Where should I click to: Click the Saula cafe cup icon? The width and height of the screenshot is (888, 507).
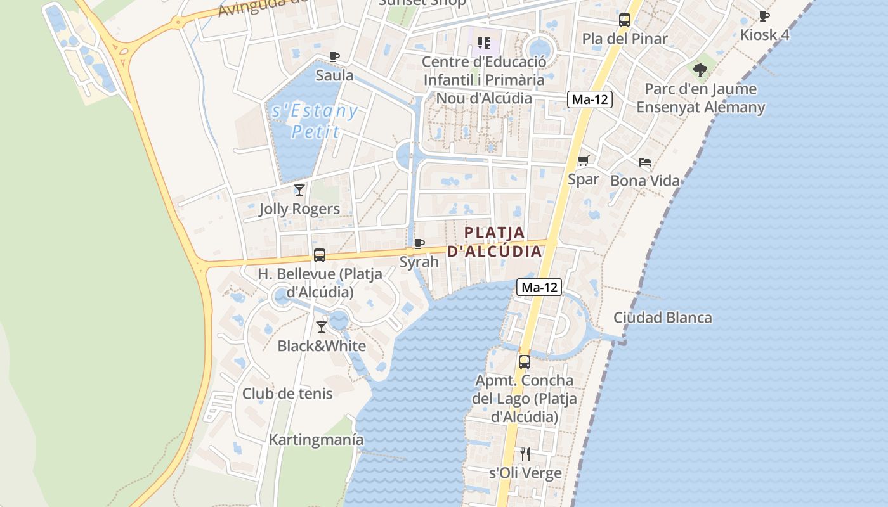point(334,56)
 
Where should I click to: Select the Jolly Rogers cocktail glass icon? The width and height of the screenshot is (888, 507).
point(299,189)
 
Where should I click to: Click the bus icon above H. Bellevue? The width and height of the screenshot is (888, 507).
point(320,255)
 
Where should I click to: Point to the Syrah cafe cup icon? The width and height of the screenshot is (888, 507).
point(419,243)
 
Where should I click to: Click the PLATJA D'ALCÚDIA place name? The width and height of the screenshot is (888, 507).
point(495,241)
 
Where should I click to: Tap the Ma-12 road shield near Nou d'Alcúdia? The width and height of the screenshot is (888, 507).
point(590,99)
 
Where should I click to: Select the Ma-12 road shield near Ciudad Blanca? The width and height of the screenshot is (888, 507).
point(539,287)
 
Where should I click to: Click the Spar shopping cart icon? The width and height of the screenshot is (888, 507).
point(584,160)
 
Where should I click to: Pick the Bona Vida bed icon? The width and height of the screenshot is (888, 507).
point(645,162)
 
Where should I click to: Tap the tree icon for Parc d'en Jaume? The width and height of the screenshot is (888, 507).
point(700,70)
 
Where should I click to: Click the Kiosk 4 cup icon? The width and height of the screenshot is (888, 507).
point(764,16)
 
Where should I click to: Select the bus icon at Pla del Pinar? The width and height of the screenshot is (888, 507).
point(625,20)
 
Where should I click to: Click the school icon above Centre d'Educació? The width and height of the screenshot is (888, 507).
point(485,43)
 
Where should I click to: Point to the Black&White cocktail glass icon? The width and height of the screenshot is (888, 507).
point(322,327)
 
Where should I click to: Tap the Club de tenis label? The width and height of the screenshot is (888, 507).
point(287,394)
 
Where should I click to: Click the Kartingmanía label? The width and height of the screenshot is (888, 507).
point(317,440)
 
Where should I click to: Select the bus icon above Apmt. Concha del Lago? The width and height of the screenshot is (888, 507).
point(525,362)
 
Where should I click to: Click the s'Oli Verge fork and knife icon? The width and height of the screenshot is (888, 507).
point(525,454)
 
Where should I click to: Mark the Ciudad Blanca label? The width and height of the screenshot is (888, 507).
point(663,318)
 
